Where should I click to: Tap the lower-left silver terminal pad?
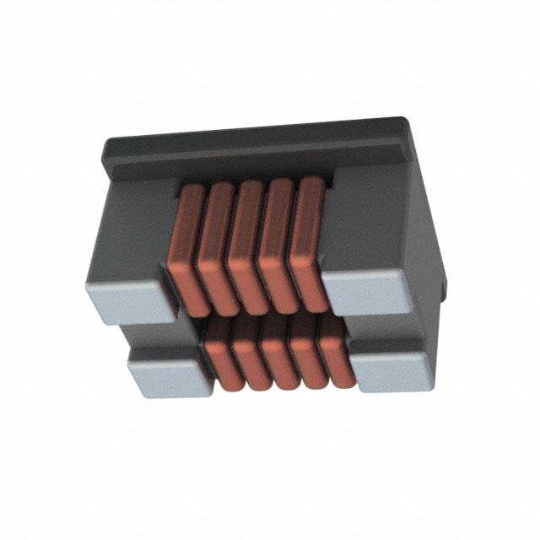(169, 372)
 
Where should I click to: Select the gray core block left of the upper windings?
(135, 228)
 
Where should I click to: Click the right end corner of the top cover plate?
(422, 135)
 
